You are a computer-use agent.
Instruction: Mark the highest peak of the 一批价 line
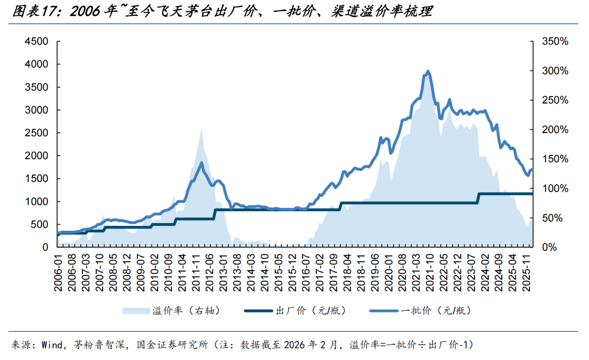click(428, 71)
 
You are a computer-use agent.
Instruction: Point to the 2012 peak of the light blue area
click(201, 130)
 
